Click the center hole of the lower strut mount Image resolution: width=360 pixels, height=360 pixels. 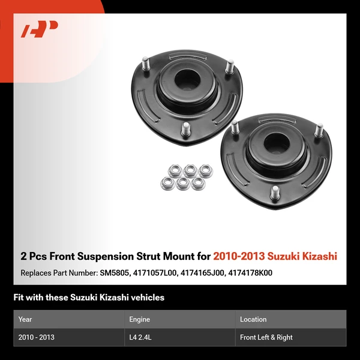pyautogui.click(x=265, y=143)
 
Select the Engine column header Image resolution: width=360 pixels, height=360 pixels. pyautogui.click(x=139, y=319)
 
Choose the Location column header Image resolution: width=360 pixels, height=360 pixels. pyautogui.click(x=253, y=319)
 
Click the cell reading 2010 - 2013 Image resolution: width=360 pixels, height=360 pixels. pyautogui.click(x=37, y=337)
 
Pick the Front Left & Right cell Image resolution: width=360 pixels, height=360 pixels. pyautogui.click(x=266, y=337)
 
